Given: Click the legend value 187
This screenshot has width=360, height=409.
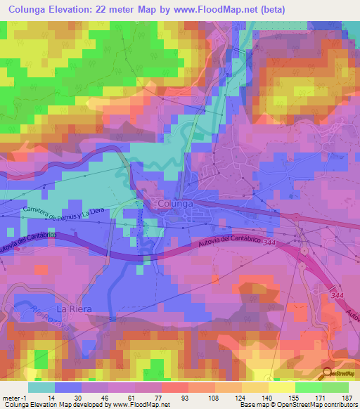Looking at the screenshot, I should (x=347, y=397).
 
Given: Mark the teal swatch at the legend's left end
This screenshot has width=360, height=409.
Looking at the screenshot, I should (x=41, y=387).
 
